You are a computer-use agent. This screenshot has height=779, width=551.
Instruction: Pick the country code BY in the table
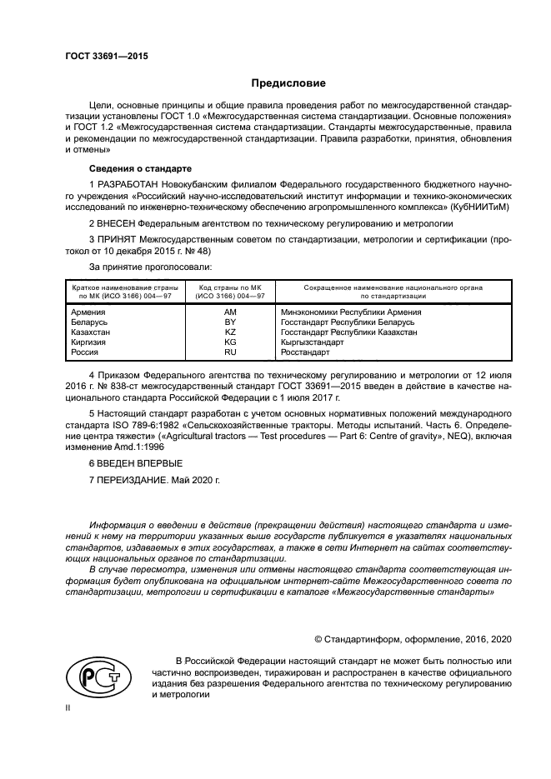231,322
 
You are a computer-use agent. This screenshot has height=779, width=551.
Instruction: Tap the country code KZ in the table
231,332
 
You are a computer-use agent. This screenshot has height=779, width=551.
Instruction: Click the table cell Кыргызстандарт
313,342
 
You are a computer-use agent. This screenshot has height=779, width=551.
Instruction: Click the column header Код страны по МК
231,287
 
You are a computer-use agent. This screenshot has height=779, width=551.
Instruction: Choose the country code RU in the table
231,352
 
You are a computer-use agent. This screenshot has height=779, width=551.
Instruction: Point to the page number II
69,706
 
